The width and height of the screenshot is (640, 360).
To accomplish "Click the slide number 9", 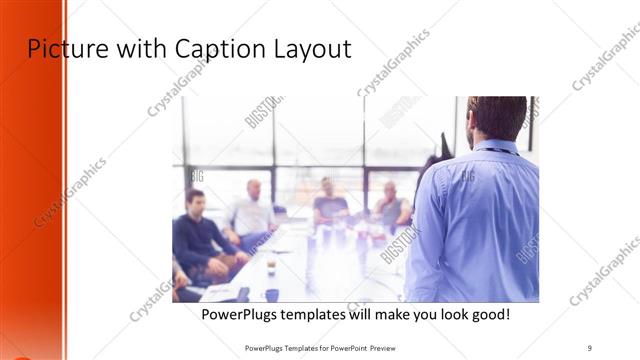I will pyautogui.click(x=590, y=347).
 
